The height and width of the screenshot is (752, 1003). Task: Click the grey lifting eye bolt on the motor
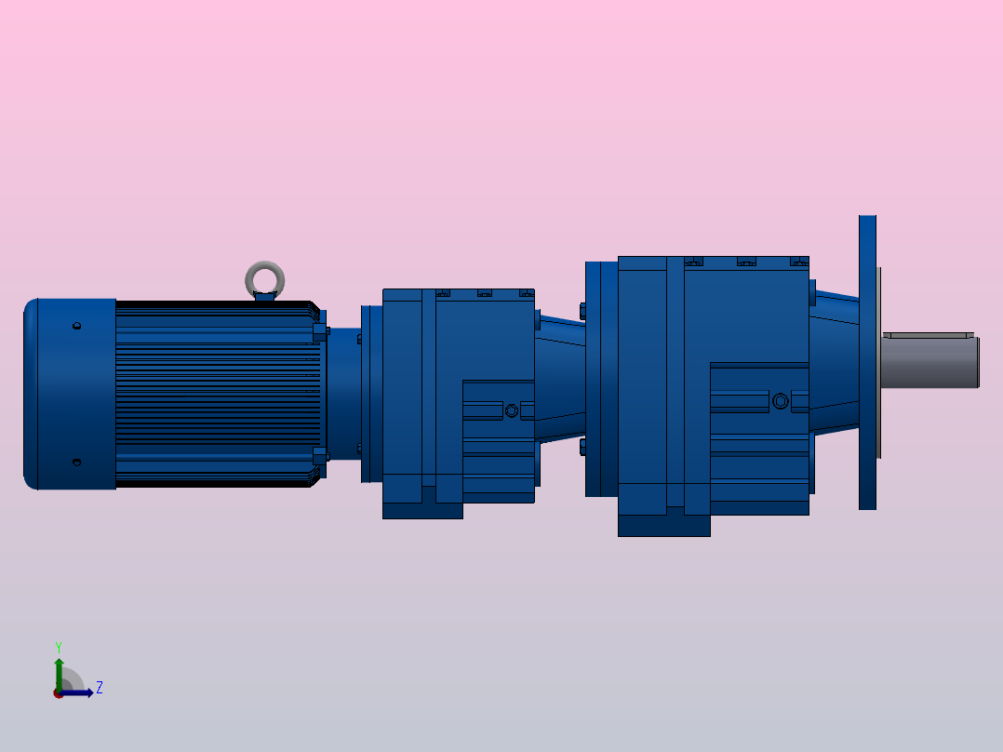click(x=265, y=276)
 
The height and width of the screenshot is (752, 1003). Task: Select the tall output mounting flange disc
click(x=867, y=363)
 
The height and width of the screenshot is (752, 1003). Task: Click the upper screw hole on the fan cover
click(x=76, y=326)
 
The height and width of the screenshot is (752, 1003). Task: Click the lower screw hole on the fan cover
click(x=76, y=463)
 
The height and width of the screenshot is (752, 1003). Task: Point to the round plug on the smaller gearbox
click(x=511, y=410)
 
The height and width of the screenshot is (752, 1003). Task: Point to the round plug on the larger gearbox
click(x=780, y=401)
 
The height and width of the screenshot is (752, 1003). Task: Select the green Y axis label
click(x=58, y=645)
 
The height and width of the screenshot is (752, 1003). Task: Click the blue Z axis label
click(x=99, y=688)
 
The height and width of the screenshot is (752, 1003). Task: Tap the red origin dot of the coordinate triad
click(x=59, y=693)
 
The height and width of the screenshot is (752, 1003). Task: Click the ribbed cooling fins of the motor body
click(x=214, y=391)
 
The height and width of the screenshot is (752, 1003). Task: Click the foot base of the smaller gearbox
click(x=422, y=510)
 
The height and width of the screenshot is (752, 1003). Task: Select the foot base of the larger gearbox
click(x=663, y=526)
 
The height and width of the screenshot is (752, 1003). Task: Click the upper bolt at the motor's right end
click(x=321, y=330)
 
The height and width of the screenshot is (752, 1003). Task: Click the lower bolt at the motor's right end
click(x=321, y=455)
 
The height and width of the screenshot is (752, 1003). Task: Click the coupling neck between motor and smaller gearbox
click(x=345, y=391)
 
